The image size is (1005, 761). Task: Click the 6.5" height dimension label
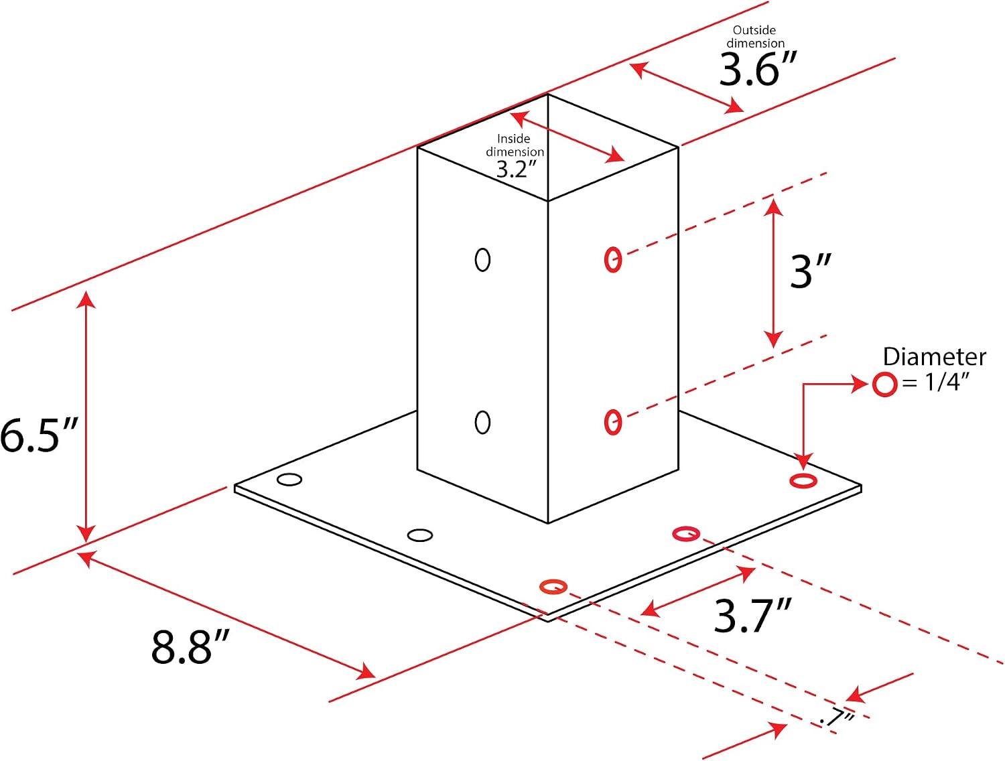39,435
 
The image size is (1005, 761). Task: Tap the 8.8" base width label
190,646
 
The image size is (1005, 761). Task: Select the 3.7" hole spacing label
752,616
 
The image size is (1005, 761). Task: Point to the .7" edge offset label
837,719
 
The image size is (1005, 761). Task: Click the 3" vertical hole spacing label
811,271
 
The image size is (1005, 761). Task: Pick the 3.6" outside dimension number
758,68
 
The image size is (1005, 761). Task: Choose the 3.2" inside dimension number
517,169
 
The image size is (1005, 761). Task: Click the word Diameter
934,357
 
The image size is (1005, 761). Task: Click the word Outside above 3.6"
754,30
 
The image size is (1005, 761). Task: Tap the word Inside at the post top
513,138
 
